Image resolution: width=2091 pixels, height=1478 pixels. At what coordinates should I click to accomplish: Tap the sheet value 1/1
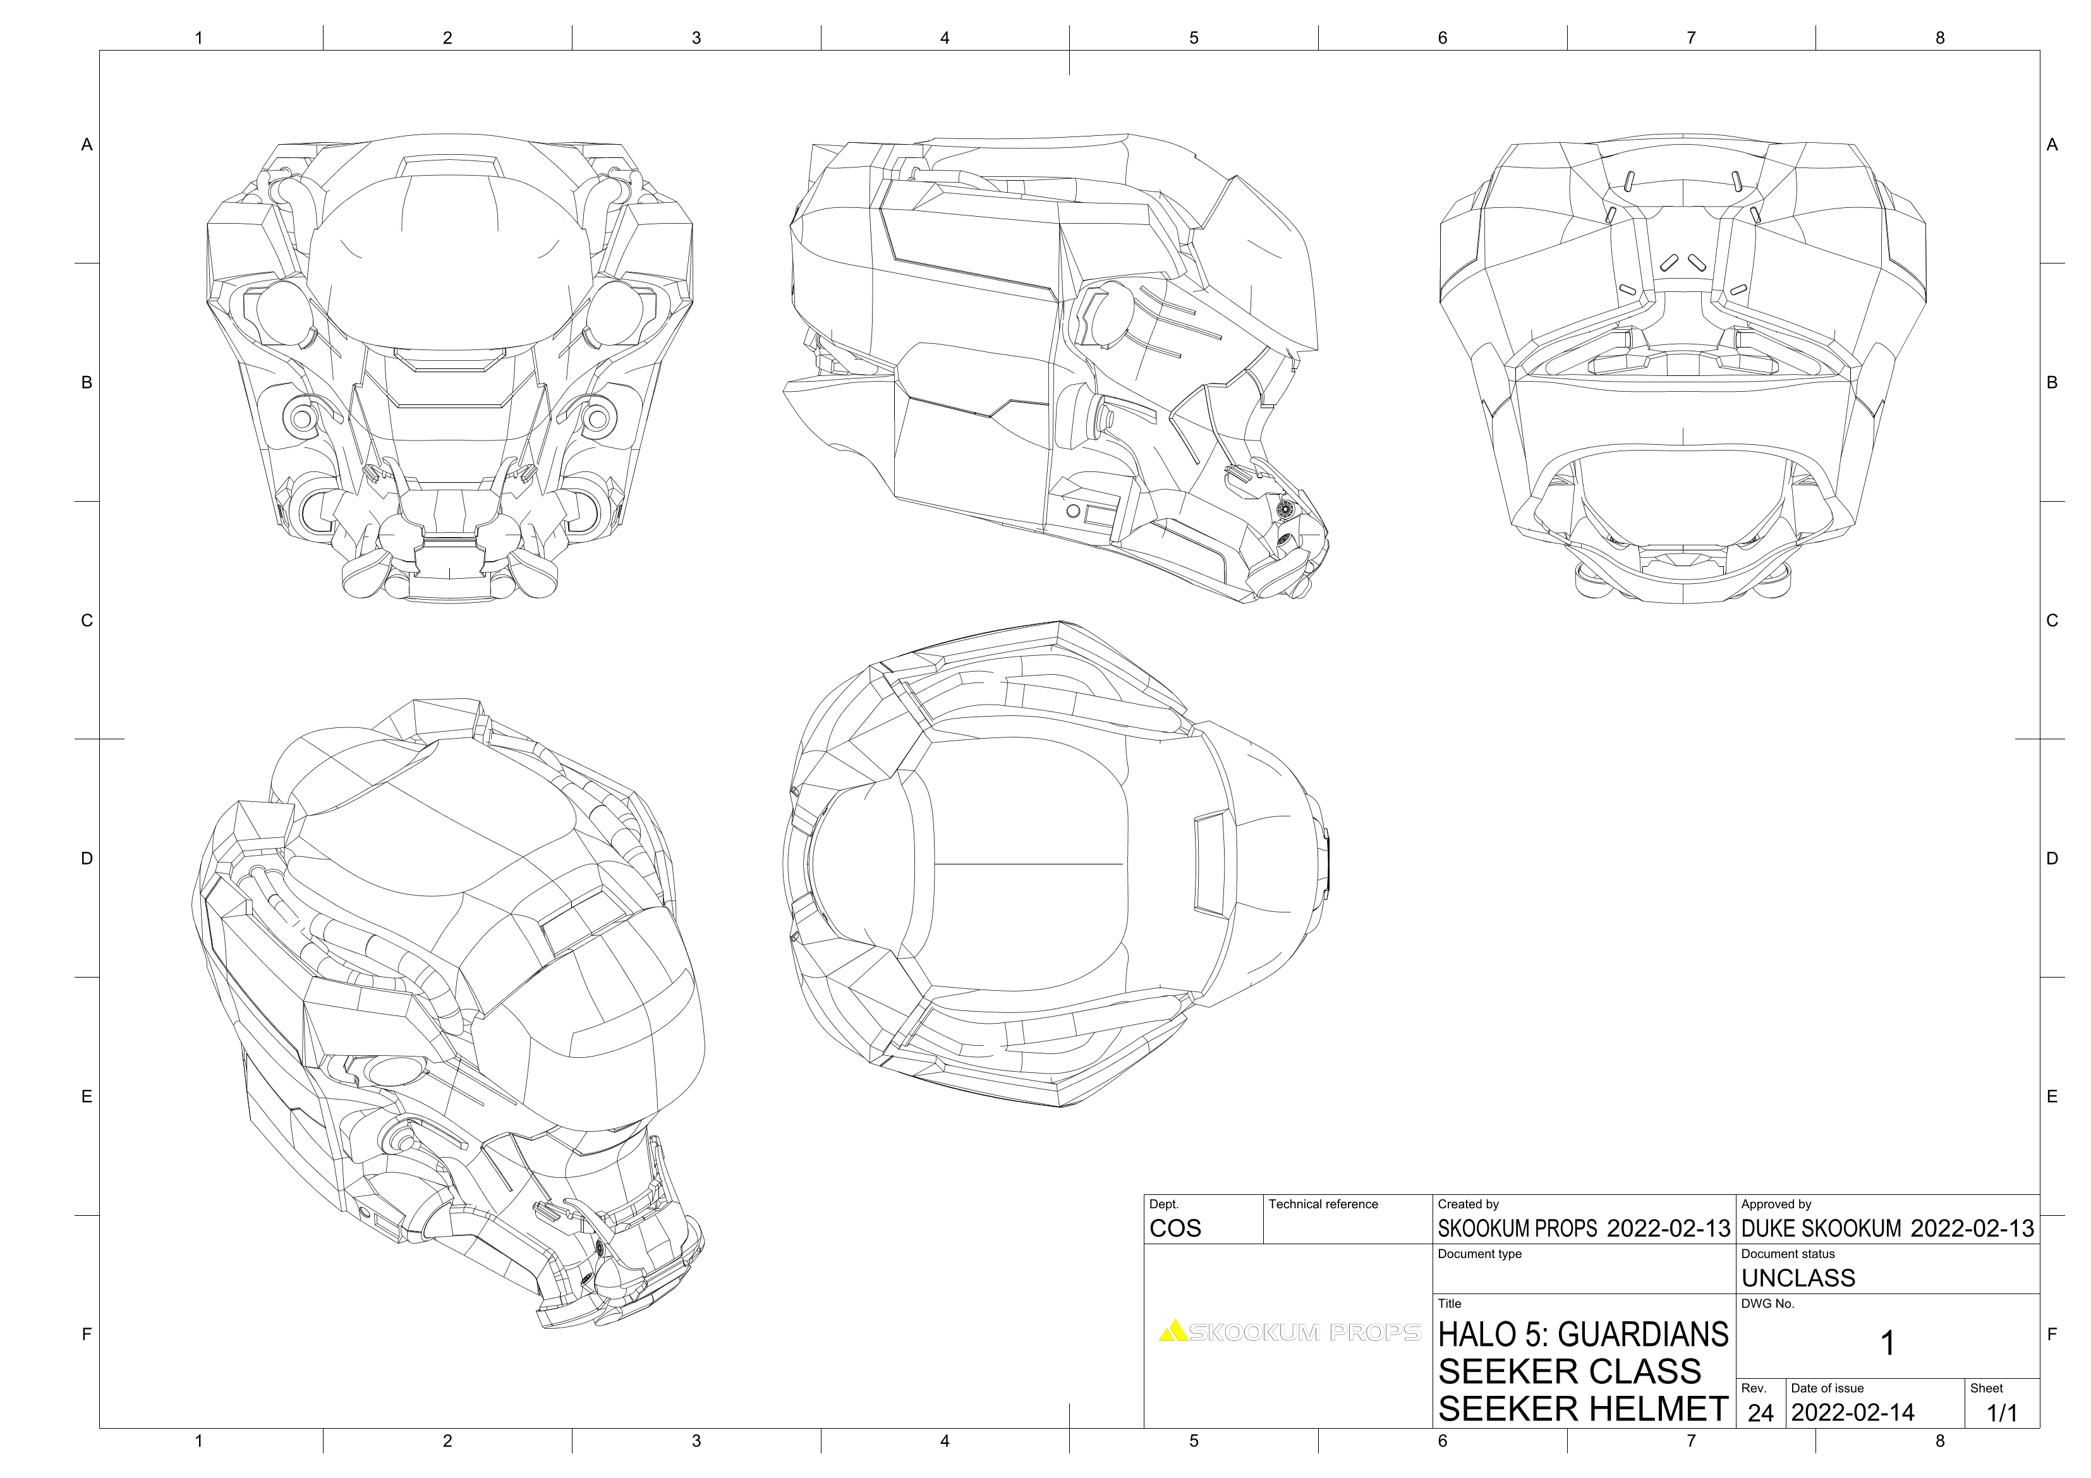(x=2002, y=1414)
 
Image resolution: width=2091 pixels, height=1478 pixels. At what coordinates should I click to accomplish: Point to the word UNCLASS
(x=1798, y=1278)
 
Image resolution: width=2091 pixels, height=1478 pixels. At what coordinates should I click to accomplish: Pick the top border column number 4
(x=945, y=39)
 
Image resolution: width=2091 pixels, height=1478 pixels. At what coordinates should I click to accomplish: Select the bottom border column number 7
(x=1690, y=1441)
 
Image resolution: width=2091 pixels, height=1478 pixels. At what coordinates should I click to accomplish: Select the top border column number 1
(x=198, y=39)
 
